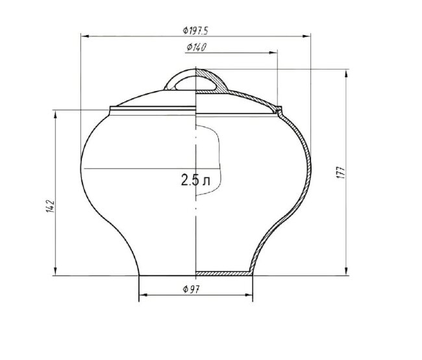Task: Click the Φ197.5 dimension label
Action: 195,31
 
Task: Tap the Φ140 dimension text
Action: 197,47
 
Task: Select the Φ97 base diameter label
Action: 191,289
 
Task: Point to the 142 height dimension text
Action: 51,207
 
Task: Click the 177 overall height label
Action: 340,172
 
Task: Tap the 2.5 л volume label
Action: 195,180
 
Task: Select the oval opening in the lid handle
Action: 195,83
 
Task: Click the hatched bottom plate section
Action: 224,273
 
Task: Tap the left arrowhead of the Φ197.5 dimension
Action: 85,36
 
